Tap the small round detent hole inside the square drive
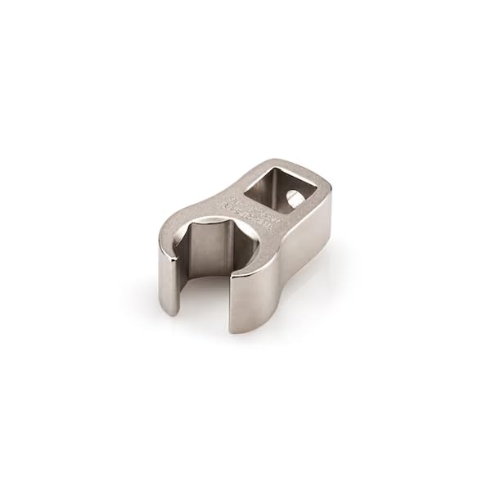click(293, 196)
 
